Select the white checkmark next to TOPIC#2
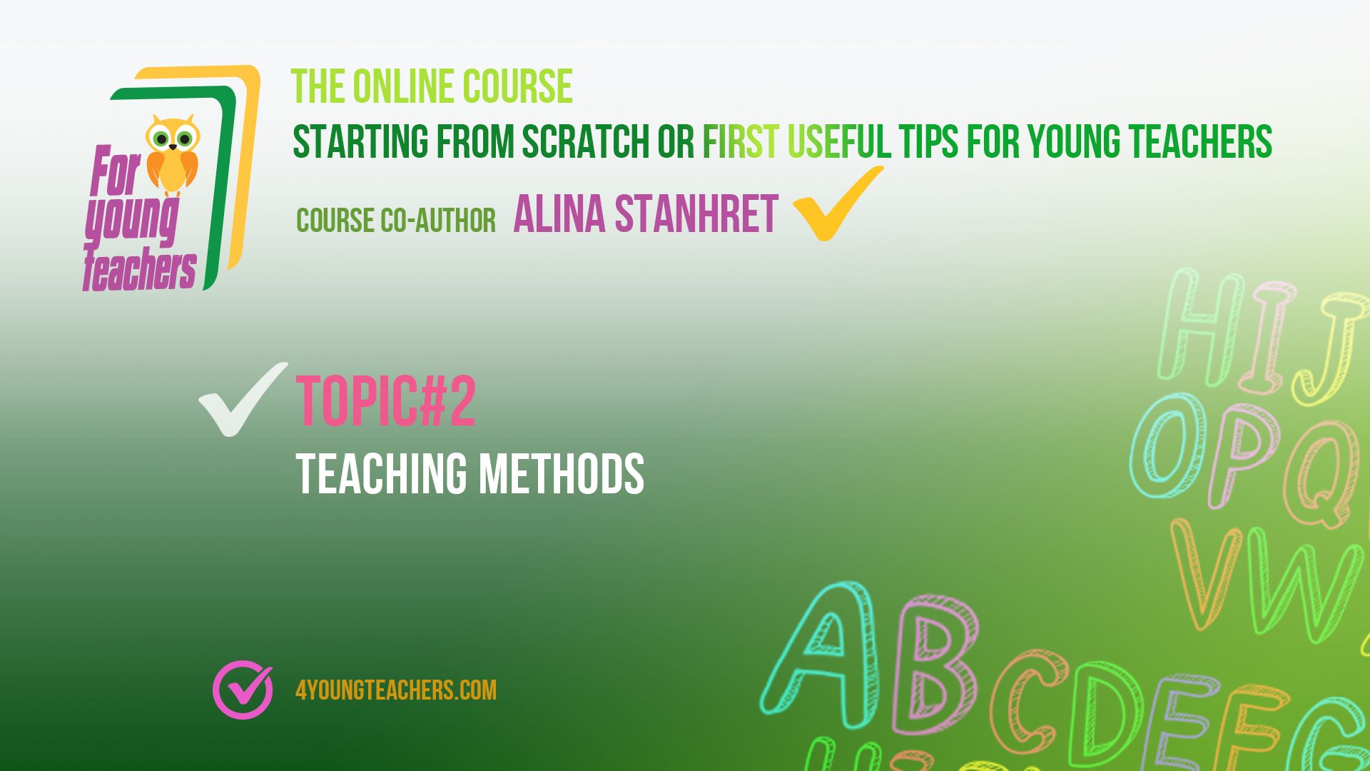[x=243, y=399]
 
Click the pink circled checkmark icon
[x=243, y=689]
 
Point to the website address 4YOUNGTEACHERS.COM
[x=396, y=690]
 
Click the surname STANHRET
[x=696, y=214]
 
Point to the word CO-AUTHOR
[x=438, y=221]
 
